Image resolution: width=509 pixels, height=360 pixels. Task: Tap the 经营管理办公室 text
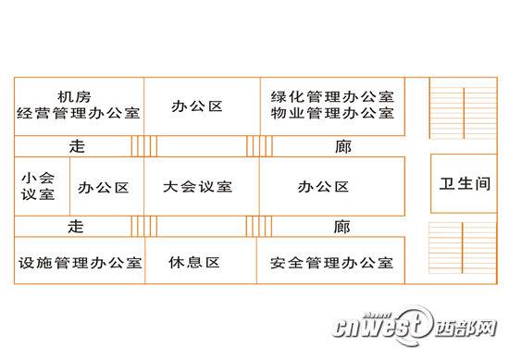coord(78,115)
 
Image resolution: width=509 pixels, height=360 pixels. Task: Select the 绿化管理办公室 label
coord(332,96)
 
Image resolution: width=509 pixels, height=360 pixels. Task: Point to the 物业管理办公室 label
coord(332,115)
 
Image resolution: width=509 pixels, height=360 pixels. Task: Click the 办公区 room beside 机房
coord(197,106)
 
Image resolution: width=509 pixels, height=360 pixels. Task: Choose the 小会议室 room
coord(37,186)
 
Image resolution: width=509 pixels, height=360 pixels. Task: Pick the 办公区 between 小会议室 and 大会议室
coord(104,187)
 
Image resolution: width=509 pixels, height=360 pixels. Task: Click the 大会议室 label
coord(197,187)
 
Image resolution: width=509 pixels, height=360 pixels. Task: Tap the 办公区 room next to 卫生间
coord(324,187)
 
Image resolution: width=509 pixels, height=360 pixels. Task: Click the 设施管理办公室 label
coord(80,263)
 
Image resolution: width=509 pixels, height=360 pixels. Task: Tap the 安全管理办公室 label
coord(332,263)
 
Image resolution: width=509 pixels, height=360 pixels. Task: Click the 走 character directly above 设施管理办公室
coord(77,227)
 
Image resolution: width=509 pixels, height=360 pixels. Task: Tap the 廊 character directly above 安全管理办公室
coord(342,227)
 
